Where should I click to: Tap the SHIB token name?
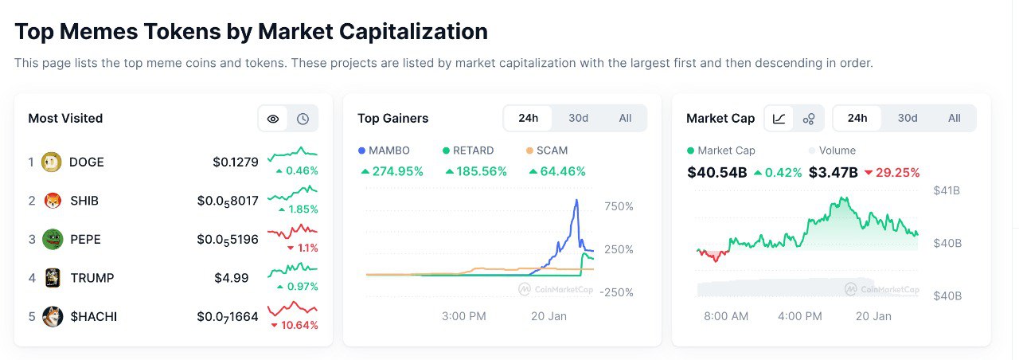click(84, 201)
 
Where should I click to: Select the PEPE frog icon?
click(53, 239)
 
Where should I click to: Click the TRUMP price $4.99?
click(232, 278)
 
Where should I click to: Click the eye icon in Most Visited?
click(273, 119)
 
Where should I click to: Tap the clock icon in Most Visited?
click(303, 119)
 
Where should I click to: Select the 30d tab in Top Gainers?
click(578, 118)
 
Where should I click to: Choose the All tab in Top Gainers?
click(625, 118)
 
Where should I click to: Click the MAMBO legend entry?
click(384, 150)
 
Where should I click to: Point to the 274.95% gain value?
click(392, 171)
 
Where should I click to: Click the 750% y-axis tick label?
click(619, 206)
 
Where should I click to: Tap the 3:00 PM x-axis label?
click(463, 316)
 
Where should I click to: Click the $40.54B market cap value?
click(716, 172)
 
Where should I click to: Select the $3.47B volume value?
click(833, 172)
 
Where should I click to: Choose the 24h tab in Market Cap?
click(857, 118)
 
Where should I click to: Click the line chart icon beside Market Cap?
click(779, 119)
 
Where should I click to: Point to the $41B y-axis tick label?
click(947, 190)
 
